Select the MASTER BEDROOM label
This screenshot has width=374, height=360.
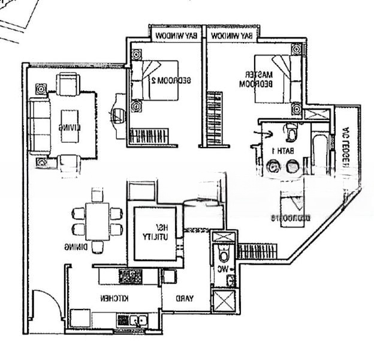pyautogui.click(x=261, y=80)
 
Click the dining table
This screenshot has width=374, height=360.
pyautogui.click(x=97, y=220)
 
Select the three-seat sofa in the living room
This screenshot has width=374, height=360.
pyautogui.click(x=40, y=127)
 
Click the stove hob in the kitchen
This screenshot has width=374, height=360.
pyautogui.click(x=130, y=276)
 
